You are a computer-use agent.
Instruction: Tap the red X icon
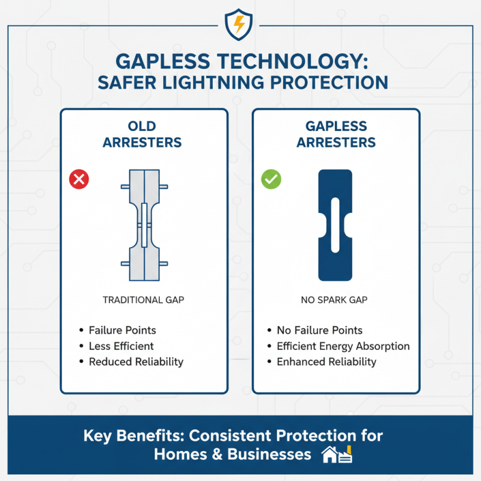[x=79, y=179]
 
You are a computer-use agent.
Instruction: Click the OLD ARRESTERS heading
[x=142, y=134]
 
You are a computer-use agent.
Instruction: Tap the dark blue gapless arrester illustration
[x=335, y=225]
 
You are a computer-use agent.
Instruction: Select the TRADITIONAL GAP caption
[x=142, y=299]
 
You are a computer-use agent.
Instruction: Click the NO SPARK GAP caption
[x=335, y=299]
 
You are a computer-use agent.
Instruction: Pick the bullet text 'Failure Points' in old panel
[x=122, y=330]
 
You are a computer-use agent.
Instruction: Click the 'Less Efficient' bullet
[x=121, y=346]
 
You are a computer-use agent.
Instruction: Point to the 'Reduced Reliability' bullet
[x=136, y=361]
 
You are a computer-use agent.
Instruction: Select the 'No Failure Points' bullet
[x=319, y=330]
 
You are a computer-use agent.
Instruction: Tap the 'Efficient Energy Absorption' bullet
[x=343, y=346]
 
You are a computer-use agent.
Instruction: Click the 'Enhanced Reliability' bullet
[x=326, y=361]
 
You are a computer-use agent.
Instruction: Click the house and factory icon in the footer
[x=337, y=455]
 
